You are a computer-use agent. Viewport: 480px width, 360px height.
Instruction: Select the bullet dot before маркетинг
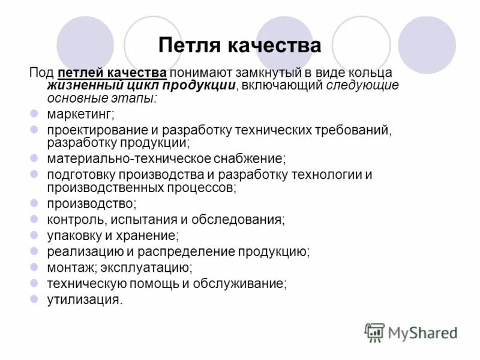coord(34,113)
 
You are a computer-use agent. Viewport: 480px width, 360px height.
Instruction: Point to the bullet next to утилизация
coord(34,299)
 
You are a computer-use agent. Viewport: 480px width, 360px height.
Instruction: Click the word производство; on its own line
coord(92,205)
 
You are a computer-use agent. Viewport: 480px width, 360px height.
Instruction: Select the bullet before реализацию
coord(34,251)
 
